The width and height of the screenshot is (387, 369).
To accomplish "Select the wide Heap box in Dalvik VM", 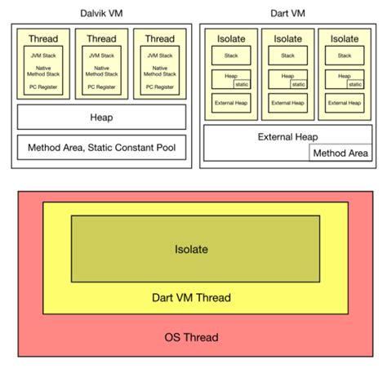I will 101,118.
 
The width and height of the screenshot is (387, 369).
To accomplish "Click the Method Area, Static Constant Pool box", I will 101,148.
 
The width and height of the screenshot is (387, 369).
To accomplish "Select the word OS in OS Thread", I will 175,337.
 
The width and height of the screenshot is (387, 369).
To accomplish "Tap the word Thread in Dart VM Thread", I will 215,297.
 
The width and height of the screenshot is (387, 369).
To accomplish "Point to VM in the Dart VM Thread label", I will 188,297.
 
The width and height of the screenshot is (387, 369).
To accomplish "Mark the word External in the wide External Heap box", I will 278,136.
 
